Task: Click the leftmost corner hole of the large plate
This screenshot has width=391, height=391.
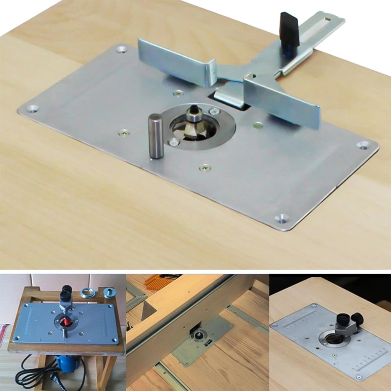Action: coord(32,108)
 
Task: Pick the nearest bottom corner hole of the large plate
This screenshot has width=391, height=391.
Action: coord(281,217)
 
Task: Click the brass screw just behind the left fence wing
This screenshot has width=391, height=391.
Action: coord(178,93)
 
